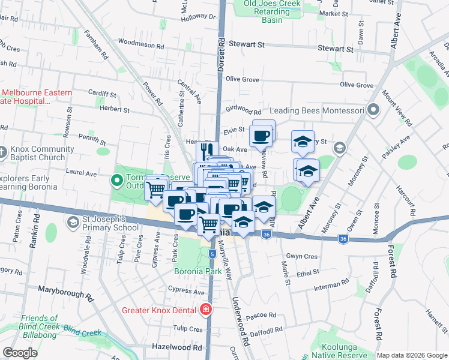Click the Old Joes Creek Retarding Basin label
point(271,11)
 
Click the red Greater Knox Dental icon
point(206,310)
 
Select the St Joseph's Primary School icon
point(73,223)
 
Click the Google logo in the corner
point(20,353)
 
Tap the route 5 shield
point(212,254)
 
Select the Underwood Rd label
point(240,321)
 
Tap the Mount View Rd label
point(396,109)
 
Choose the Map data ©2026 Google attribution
point(411,355)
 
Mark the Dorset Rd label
point(221,55)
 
